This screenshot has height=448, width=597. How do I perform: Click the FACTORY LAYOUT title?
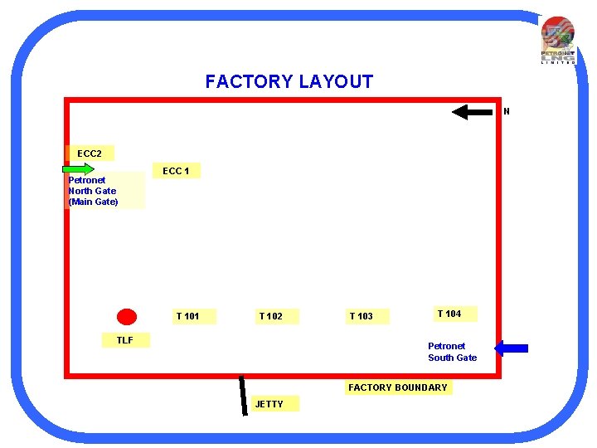(x=289, y=81)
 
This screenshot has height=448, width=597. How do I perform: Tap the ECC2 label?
(x=90, y=153)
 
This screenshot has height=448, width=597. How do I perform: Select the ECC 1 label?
(x=176, y=171)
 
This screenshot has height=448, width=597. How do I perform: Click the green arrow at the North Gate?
(x=79, y=169)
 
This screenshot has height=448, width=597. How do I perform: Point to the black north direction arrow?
(x=472, y=112)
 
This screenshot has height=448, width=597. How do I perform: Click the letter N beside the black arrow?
(x=507, y=111)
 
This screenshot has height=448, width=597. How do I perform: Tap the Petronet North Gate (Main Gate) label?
(x=93, y=191)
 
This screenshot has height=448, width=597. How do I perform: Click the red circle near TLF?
(x=127, y=316)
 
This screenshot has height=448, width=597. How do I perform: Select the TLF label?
(x=125, y=340)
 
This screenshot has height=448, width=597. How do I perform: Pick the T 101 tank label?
(x=188, y=316)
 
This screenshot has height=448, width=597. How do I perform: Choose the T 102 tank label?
(x=271, y=316)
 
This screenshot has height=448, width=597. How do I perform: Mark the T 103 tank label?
(x=362, y=316)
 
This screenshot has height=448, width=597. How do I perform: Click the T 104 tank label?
(x=449, y=314)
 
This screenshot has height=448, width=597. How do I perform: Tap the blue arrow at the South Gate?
(x=511, y=348)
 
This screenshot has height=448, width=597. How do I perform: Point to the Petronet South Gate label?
(x=452, y=352)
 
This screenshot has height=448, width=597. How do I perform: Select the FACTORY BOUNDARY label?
(x=398, y=387)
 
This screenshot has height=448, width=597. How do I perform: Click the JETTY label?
(x=269, y=404)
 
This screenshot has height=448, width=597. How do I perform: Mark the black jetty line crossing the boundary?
(x=243, y=394)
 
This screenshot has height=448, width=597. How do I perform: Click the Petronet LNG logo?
(x=557, y=40)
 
